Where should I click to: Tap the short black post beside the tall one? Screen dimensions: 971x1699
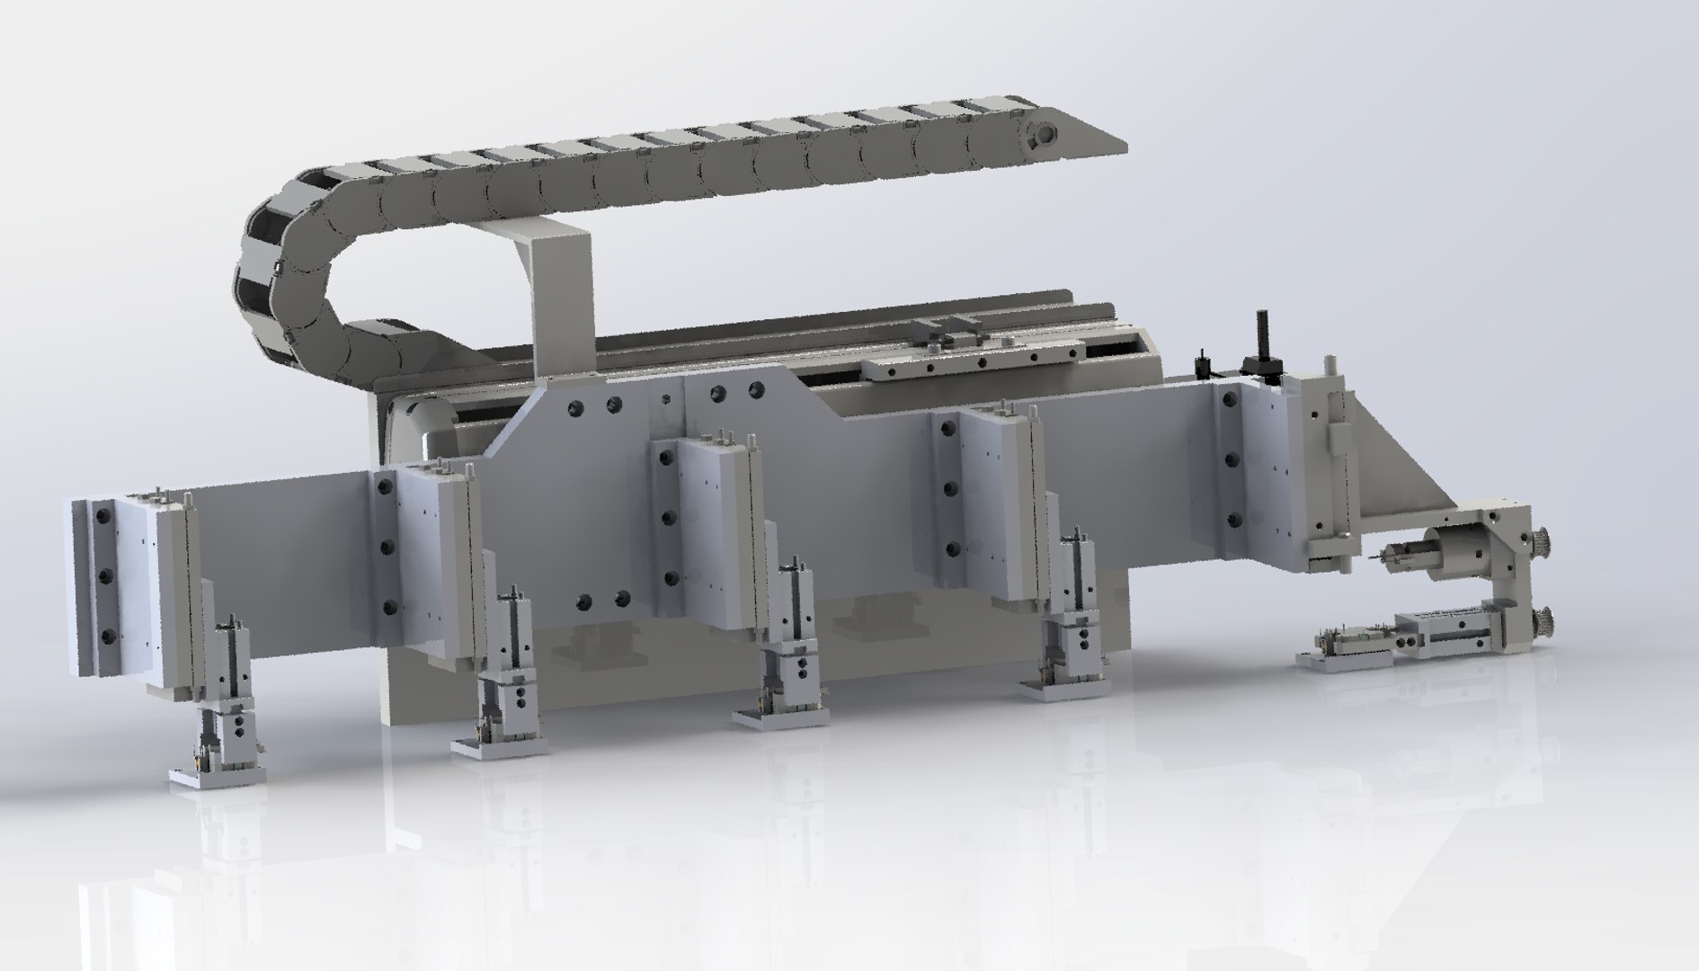(1200, 363)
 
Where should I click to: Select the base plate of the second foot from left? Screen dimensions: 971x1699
(499, 745)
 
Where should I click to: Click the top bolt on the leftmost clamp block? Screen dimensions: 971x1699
(105, 517)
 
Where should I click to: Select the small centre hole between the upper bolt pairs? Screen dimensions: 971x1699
(666, 398)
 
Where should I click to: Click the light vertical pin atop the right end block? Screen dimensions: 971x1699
(1329, 363)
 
